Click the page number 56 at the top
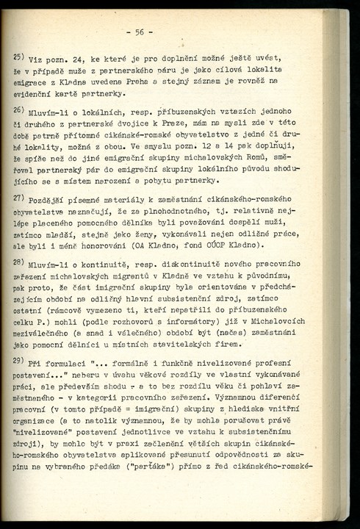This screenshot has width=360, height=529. [x=140, y=32]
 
